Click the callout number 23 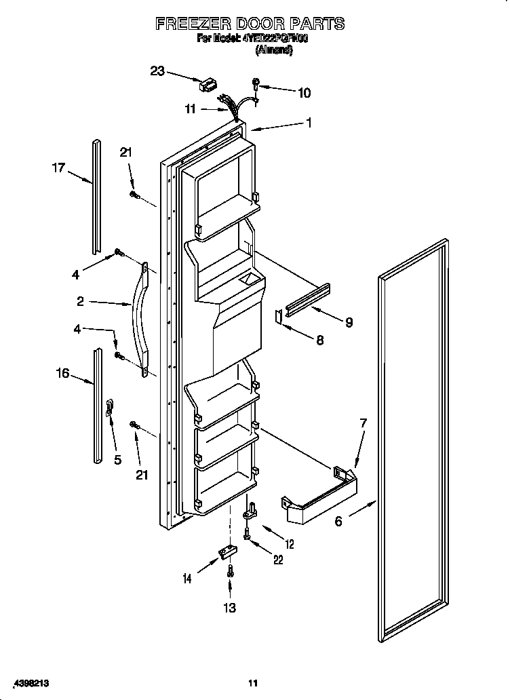[157, 70]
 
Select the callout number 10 [305, 93]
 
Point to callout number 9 [349, 322]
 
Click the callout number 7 [364, 423]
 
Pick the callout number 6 [337, 521]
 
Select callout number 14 [187, 579]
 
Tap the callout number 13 [230, 608]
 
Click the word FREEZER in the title [193, 24]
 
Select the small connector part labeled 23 [207, 85]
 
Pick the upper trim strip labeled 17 [97, 193]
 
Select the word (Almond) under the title [273, 50]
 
